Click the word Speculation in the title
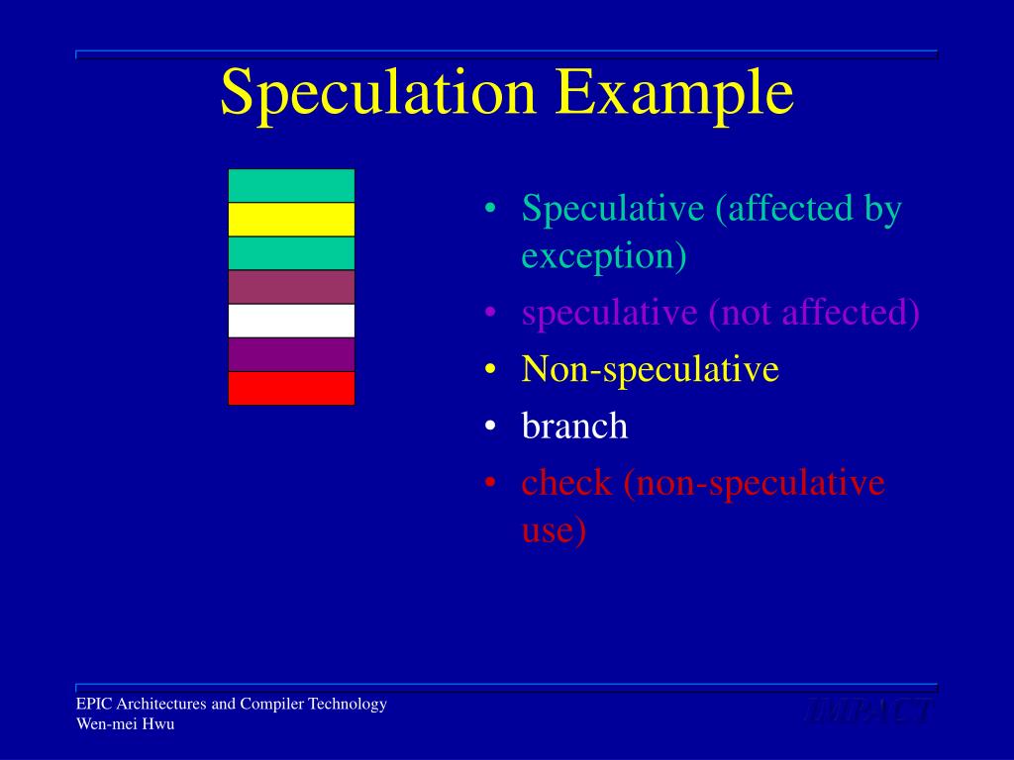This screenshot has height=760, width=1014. [x=378, y=94]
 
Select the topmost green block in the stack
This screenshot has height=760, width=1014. [x=291, y=186]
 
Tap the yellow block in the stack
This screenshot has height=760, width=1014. [x=291, y=220]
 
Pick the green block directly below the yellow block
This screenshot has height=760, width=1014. [x=291, y=253]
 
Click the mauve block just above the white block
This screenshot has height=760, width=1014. [x=291, y=287]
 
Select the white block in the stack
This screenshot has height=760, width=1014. [x=291, y=321]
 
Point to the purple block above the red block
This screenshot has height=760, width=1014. [x=291, y=354]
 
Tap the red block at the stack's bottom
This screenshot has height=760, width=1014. [x=291, y=388]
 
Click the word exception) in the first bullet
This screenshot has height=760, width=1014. [x=604, y=256]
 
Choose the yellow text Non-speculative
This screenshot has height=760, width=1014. [x=651, y=370]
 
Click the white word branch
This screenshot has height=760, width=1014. [x=574, y=427]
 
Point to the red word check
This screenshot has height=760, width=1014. [x=567, y=483]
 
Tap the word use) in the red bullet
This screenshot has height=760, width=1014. [x=554, y=530]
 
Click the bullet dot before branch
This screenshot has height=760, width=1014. [x=491, y=427]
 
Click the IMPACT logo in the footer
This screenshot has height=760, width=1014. [x=868, y=712]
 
